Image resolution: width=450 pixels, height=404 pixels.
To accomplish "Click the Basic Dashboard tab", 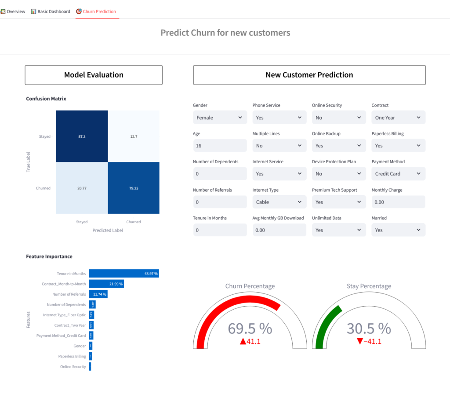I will pos(51,11).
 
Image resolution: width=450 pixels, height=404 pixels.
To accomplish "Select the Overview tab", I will pos(13,11).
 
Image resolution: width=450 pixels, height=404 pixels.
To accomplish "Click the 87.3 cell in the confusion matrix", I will pos(82,136).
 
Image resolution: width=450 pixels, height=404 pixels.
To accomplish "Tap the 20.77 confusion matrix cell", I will pos(82,188).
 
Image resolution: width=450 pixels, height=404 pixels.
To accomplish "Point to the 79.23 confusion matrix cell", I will pos(134,188).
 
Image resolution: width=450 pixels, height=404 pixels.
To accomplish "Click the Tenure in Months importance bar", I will pos(123,274).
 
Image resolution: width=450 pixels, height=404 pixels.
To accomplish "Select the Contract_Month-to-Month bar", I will pos(106,284).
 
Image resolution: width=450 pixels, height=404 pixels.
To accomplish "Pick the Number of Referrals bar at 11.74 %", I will pos(98,294).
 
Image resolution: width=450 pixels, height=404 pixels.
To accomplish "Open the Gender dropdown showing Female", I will pos(220,118).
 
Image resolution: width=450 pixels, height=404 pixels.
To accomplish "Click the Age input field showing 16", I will pos(220,146).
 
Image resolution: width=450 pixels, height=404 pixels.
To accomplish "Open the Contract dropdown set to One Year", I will pos(398,118).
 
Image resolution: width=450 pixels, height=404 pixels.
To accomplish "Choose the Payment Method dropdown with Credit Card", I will pos(398,174).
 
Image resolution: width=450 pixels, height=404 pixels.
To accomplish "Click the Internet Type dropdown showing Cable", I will pos(279,202).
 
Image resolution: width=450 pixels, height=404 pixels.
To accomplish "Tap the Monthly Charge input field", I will pos(398,202).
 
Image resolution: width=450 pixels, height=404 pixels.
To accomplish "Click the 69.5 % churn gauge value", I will pos(250,329).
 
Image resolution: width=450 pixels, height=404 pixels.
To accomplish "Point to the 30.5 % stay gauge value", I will pos(369,329).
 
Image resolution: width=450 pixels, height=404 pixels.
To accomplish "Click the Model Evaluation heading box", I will pos(94,75).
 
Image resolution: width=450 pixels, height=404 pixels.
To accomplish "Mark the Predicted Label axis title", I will pos(108,230).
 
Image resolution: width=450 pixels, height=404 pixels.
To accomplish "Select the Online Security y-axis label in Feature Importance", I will pos(73,367).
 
